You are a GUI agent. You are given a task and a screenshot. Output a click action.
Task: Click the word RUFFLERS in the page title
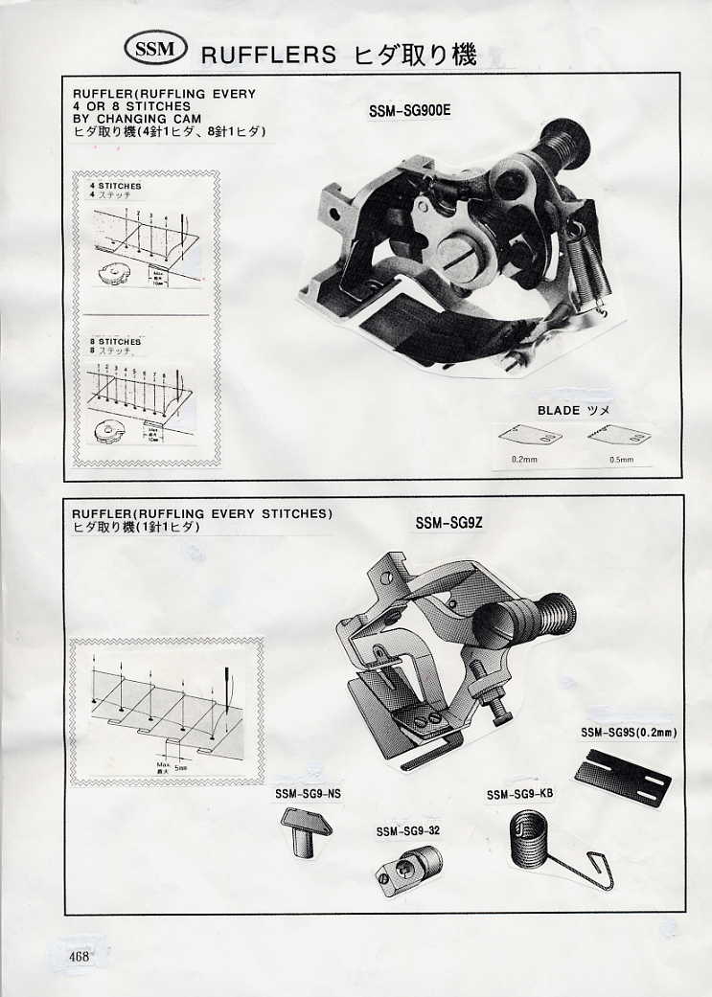click(268, 56)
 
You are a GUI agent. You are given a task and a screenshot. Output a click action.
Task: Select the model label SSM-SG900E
click(409, 110)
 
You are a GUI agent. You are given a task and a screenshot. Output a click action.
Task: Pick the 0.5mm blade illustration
click(619, 437)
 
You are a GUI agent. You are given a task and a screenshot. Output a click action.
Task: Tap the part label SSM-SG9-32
click(407, 831)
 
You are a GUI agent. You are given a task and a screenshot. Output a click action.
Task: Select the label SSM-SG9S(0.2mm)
click(629, 733)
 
